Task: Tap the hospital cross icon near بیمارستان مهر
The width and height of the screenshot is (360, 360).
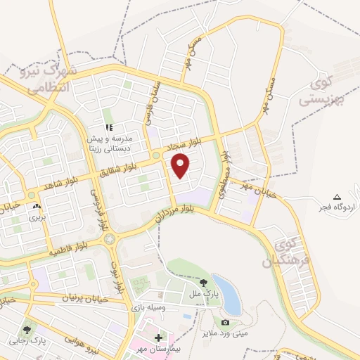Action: (x=157, y=338)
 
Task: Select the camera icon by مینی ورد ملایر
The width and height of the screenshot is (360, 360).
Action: (x=225, y=323)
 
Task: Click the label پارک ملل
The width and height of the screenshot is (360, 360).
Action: (x=207, y=292)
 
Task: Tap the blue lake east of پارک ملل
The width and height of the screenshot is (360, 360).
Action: (x=231, y=299)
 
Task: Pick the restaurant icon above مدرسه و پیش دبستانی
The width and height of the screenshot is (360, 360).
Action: (x=109, y=127)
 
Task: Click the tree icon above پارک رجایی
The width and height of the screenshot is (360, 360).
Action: (x=27, y=329)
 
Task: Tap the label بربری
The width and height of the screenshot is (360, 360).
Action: (x=36, y=219)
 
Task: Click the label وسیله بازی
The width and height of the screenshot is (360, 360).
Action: (x=147, y=308)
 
